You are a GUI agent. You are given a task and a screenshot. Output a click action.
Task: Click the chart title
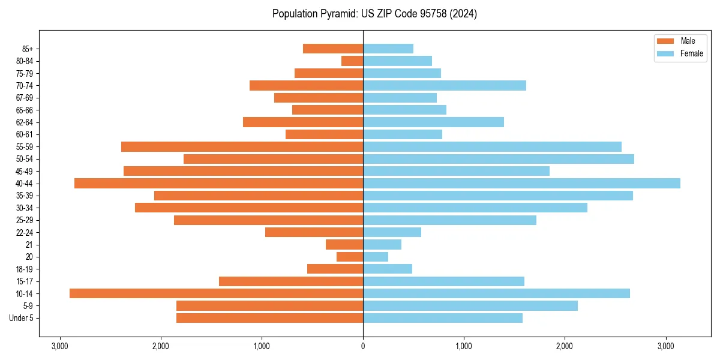(x=374, y=14)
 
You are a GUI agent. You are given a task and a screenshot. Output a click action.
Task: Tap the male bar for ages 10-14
(x=216, y=293)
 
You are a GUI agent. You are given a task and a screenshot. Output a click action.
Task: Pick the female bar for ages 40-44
(x=521, y=183)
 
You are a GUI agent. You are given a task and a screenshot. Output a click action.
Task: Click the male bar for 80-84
(x=352, y=61)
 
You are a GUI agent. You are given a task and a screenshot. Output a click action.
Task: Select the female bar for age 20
(x=376, y=257)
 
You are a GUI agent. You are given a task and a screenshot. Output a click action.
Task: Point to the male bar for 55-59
(x=242, y=146)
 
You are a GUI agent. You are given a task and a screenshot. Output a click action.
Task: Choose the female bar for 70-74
(x=445, y=85)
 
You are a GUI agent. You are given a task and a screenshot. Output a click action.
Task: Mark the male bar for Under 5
(x=269, y=318)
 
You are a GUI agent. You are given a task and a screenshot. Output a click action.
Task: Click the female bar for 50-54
(x=499, y=159)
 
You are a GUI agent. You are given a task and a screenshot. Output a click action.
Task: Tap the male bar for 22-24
(x=314, y=232)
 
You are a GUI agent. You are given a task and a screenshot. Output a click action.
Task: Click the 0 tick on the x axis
(x=363, y=346)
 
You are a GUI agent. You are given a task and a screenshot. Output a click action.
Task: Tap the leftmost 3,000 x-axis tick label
(x=60, y=346)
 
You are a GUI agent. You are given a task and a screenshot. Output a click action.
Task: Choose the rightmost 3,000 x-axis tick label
(x=666, y=346)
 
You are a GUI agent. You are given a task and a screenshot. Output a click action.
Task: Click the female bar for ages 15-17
(x=443, y=281)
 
